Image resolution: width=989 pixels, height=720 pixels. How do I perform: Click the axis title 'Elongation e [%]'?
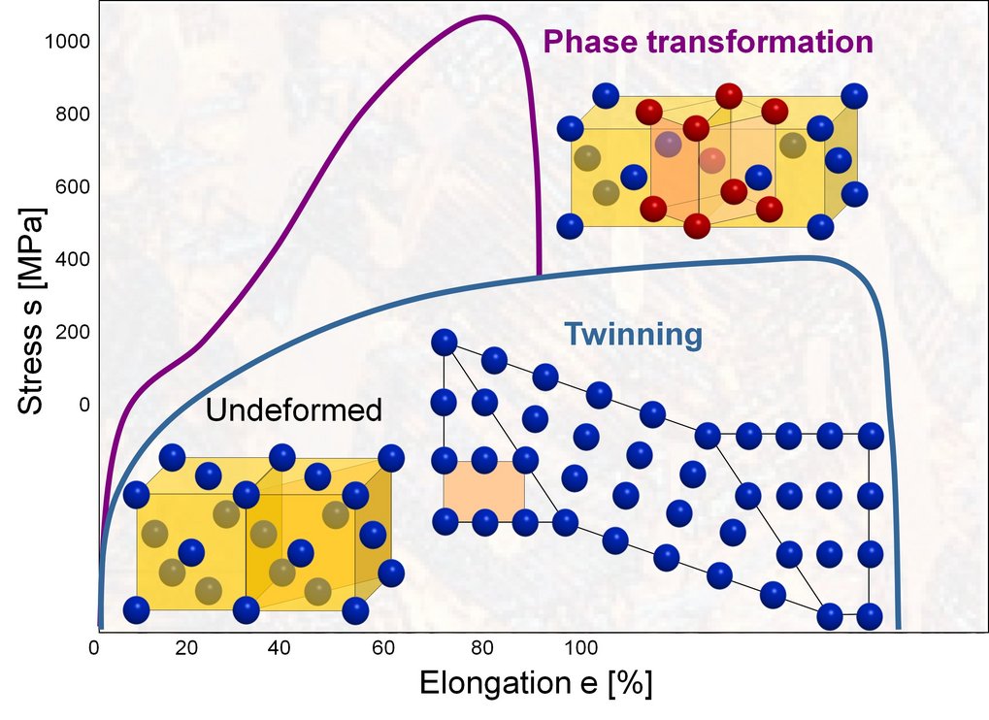535,683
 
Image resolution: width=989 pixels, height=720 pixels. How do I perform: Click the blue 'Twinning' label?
633,335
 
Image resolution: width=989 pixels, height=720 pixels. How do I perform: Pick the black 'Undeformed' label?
293,410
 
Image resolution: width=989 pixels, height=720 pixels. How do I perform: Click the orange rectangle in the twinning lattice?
483,490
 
